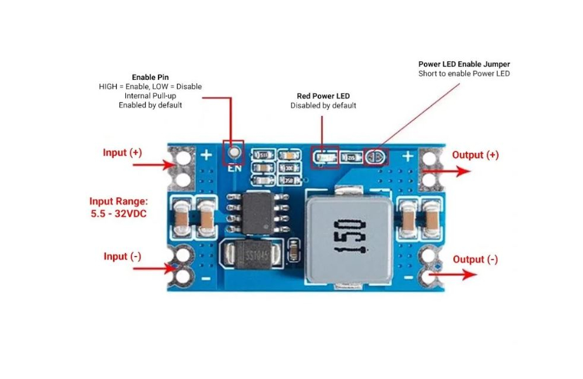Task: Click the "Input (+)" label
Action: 122,153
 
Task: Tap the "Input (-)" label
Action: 122,257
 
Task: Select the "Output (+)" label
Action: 476,155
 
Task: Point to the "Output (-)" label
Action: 475,259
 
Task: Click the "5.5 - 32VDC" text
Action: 118,214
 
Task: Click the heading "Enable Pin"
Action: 150,77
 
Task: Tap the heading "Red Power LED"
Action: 324,96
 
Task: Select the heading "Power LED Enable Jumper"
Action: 464,64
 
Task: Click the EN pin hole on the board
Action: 234,153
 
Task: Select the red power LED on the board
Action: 324,157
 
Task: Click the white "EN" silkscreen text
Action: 234,169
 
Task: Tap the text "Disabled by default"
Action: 324,106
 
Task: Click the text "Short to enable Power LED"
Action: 464,74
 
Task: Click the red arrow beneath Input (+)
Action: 154,166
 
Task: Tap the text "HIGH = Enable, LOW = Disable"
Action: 150,86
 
